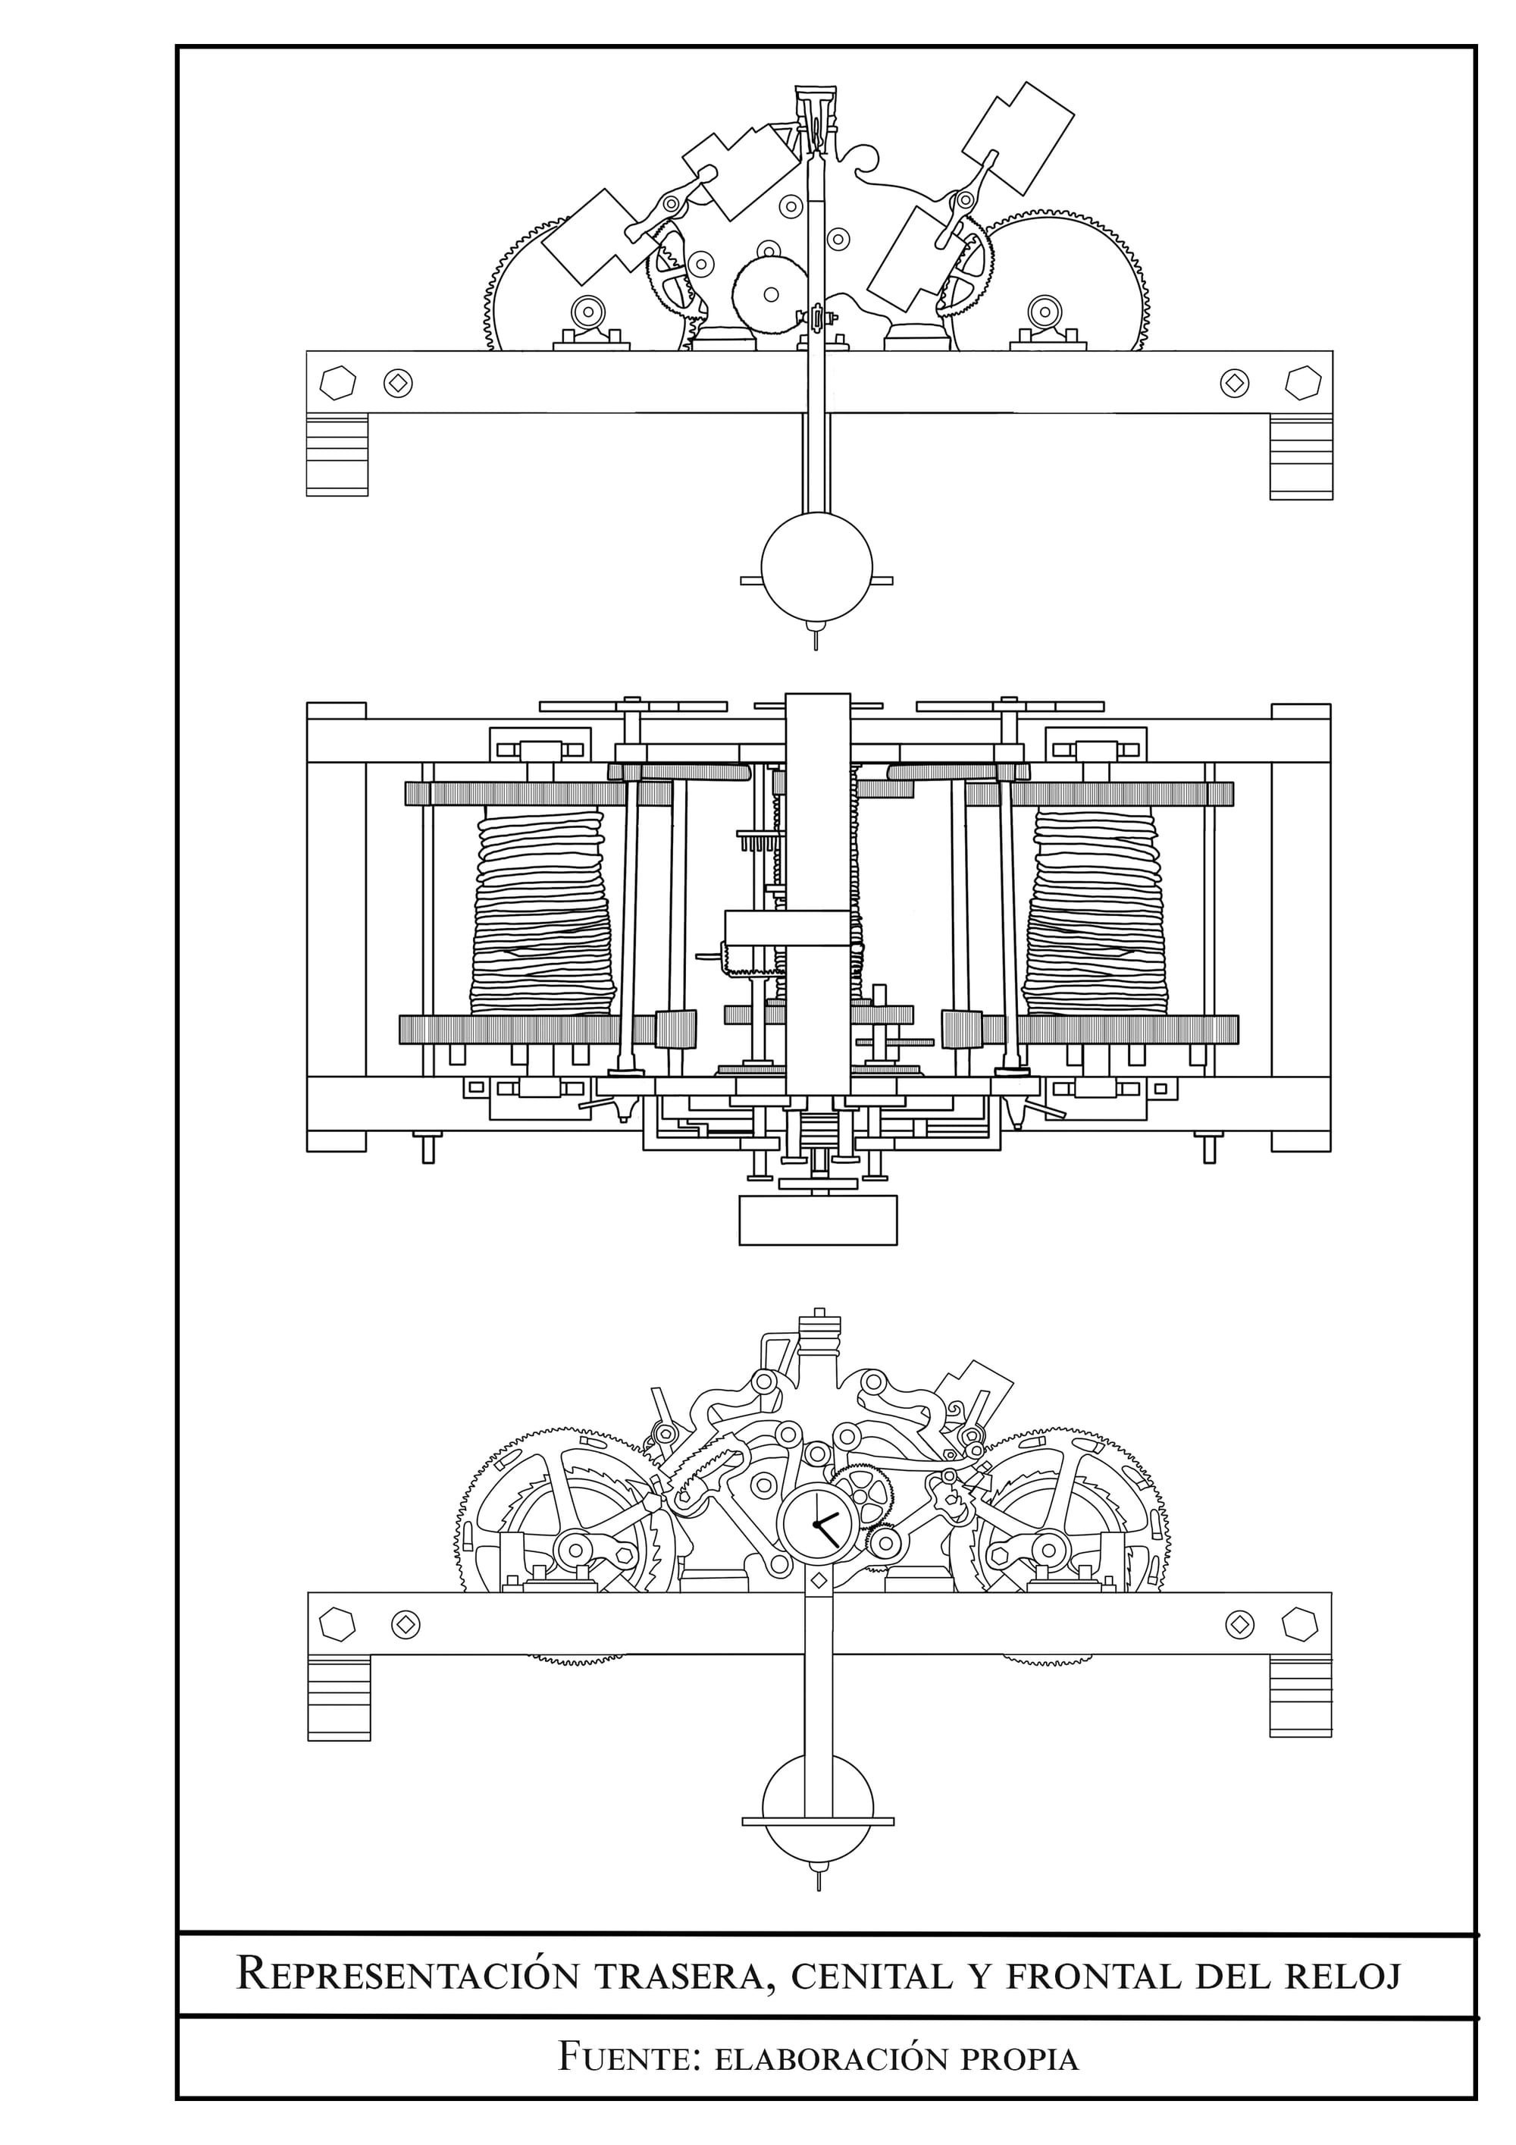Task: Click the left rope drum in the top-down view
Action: [x=542, y=912]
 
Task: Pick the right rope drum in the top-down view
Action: [x=1095, y=912]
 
